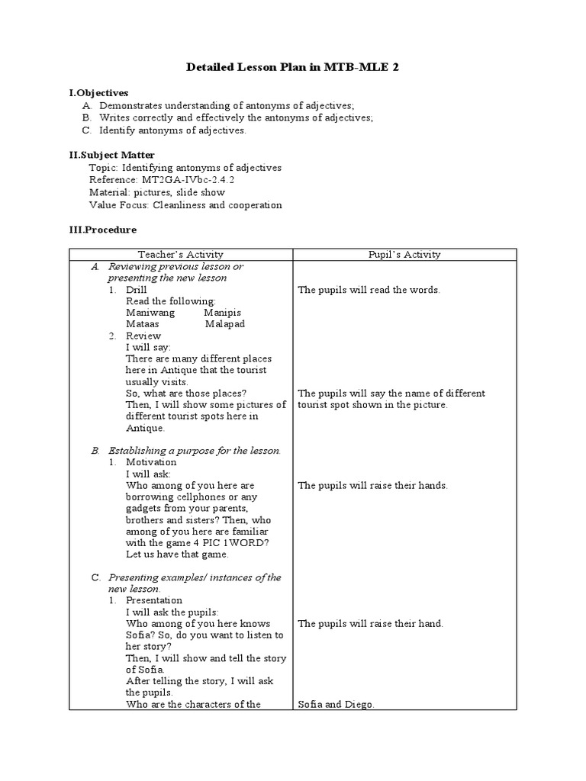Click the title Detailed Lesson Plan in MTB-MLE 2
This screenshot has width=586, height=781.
pos(293,68)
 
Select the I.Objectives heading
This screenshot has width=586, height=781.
pos(98,93)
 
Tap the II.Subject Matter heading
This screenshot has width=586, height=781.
pos(111,155)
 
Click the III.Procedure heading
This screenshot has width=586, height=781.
pos(103,229)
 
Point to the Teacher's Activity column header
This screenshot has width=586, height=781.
pos(181,255)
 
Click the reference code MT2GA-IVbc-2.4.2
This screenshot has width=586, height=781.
pos(173,180)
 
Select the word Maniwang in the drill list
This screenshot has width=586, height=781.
pos(150,313)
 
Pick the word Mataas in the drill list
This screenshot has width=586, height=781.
pos(143,324)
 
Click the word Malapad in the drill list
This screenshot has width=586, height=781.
pos(226,324)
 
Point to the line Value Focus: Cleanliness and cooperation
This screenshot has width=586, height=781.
pos(185,205)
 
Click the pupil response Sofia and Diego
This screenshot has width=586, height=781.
pos(336,705)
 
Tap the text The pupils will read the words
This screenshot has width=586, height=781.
pos(369,290)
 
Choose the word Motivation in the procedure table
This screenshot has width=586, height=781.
pos(151,462)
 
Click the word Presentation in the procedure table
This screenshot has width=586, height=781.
pos(154,601)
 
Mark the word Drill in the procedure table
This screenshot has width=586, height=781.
pos(137,290)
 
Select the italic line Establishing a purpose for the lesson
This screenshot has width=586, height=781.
pos(195,451)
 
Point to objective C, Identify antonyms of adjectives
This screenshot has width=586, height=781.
pos(172,130)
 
